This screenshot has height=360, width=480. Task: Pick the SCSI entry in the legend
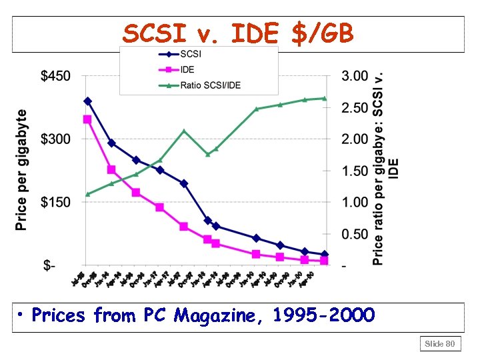point(192,55)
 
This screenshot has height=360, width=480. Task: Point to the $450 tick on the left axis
point(56,76)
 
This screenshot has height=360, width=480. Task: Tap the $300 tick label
point(56,139)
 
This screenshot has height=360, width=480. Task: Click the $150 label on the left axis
point(56,203)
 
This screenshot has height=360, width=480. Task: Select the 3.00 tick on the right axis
point(355,76)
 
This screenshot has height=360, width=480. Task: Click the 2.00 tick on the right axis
point(355,139)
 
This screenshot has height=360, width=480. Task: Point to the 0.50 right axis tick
point(355,234)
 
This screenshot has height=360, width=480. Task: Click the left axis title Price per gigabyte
point(22,170)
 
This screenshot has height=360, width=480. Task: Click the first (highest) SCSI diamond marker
point(87,101)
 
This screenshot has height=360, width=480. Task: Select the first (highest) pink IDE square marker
point(87,119)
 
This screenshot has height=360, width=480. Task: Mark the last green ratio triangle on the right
point(325,98)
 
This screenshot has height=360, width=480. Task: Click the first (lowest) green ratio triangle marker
point(87,194)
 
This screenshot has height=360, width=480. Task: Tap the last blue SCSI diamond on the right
point(325,254)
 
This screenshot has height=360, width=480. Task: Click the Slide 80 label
point(440,343)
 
